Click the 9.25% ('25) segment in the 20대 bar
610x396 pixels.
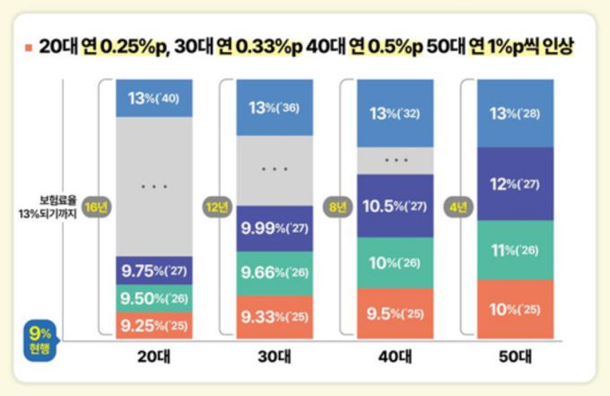click(154, 325)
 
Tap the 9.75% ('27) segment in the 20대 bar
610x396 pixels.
click(154, 271)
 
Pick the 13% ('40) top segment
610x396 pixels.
click(154, 98)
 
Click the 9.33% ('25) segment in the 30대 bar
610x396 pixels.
click(274, 317)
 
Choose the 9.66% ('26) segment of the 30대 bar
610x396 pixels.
click(274, 273)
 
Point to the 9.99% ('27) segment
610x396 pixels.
click(274, 229)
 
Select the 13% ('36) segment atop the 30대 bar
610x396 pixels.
click(274, 107)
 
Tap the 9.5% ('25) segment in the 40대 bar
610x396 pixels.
click(395, 313)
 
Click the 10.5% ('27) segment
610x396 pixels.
click(395, 206)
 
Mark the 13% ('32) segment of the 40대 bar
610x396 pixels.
click(395, 113)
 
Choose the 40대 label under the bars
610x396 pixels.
click(395, 356)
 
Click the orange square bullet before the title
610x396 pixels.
click(30, 47)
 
